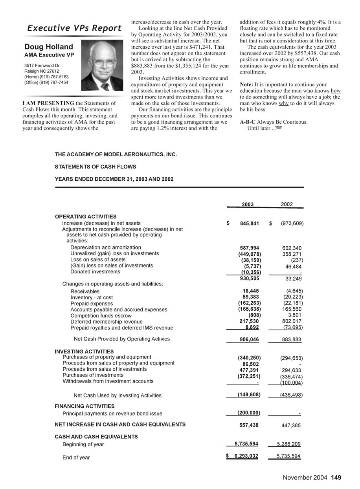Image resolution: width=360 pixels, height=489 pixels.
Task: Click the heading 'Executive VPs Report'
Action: (74, 28)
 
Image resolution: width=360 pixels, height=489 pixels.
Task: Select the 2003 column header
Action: (248, 205)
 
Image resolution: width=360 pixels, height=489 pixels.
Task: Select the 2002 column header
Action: (287, 205)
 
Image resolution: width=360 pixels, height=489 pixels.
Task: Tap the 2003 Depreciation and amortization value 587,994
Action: (249, 248)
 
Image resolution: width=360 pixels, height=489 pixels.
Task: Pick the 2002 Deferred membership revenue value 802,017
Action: (292, 321)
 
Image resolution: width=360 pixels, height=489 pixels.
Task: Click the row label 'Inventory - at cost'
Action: (92, 298)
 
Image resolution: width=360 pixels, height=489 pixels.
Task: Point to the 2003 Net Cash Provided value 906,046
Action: (249, 339)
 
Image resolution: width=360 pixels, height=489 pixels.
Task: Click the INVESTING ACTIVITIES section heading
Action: (84, 352)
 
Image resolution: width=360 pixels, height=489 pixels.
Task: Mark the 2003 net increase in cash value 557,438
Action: (249, 425)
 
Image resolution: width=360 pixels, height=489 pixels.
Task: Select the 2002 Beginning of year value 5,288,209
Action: (288, 444)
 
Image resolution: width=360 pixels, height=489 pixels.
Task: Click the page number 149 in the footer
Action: (336, 478)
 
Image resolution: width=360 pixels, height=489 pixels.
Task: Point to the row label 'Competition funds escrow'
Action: (101, 316)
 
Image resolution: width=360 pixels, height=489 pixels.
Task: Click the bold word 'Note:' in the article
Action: (246, 84)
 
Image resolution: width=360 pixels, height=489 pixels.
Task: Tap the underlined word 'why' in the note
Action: (284, 103)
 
